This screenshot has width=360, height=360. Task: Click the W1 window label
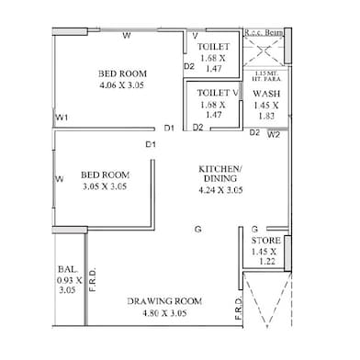62,118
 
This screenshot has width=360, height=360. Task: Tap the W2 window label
273,135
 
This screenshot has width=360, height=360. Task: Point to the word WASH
266,94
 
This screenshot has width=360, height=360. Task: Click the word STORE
265,242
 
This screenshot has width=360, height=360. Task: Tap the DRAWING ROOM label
163,300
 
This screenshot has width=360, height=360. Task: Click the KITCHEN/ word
220,169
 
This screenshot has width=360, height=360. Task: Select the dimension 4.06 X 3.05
123,85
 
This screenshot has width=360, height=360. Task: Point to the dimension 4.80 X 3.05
163,312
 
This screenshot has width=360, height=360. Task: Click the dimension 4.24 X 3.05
220,191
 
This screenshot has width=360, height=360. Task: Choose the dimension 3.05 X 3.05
103,185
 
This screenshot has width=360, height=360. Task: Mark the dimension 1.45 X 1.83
266,110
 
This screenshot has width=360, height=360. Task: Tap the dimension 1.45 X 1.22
265,257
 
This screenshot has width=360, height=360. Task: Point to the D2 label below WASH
254,133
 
